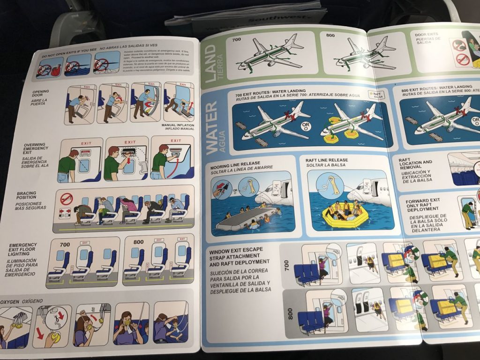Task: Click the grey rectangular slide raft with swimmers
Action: [246, 218]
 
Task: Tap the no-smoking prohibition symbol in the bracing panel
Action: [67, 199]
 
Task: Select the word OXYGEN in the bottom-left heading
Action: [12, 300]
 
